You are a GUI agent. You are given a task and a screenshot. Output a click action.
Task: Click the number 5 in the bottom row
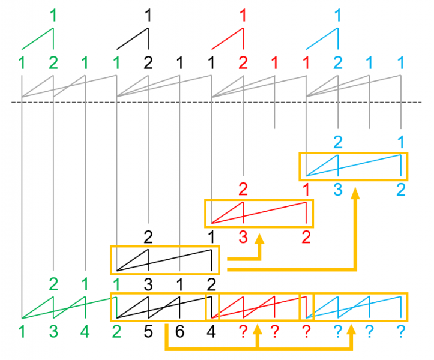point(148,331)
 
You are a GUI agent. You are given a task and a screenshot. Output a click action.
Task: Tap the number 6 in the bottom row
point(179,331)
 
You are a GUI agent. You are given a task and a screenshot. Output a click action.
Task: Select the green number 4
point(85,331)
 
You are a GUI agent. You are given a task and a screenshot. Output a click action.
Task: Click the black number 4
point(211,331)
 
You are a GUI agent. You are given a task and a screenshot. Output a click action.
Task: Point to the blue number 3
point(338,190)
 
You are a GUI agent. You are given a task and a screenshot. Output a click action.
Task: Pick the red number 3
point(243,237)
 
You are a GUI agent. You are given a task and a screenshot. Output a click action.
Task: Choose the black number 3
point(148,284)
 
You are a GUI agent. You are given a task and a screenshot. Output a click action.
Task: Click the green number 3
point(53,331)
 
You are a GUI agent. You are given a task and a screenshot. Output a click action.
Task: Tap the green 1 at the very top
point(53,15)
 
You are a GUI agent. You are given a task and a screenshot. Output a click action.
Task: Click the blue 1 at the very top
point(338,15)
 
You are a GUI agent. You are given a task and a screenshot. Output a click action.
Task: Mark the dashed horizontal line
point(217,102)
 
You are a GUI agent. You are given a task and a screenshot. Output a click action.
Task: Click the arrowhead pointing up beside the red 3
point(260,239)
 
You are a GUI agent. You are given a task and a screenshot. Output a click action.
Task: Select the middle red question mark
point(274,331)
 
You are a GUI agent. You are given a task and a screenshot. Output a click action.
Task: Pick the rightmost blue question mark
point(401,331)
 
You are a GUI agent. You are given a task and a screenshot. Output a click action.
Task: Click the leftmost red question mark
point(243,331)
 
